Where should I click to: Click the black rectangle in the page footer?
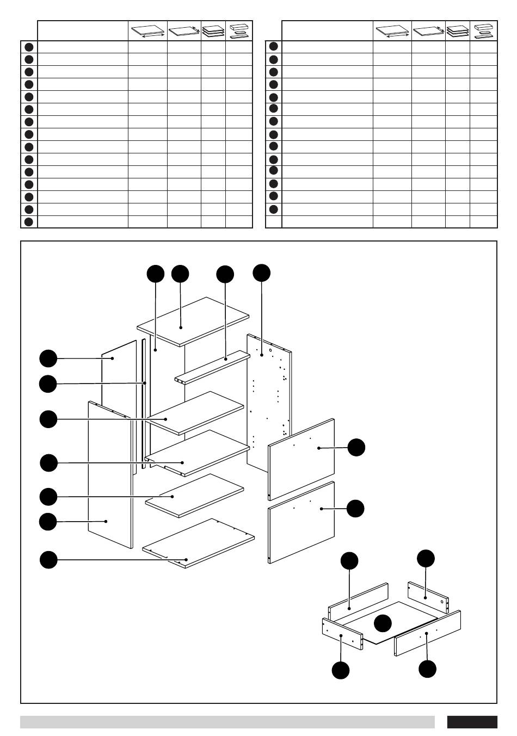click(x=472, y=722)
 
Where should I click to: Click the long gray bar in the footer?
click(x=227, y=722)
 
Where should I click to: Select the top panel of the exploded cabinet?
click(x=193, y=321)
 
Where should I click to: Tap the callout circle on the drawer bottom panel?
click(x=383, y=623)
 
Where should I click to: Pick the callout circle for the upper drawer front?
click(x=356, y=447)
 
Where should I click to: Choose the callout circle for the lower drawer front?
click(x=355, y=509)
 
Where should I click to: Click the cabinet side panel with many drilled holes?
click(x=269, y=403)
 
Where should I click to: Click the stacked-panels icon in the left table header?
click(x=213, y=30)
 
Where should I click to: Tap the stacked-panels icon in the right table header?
click(x=457, y=30)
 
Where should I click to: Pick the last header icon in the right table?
click(x=483, y=30)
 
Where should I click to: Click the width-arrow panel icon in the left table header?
click(x=147, y=31)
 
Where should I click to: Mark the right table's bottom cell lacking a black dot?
click(x=273, y=222)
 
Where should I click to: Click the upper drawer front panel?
click(x=301, y=459)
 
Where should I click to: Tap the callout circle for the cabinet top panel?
click(x=180, y=274)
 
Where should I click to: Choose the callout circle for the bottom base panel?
click(x=49, y=560)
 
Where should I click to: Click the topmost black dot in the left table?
click(x=29, y=47)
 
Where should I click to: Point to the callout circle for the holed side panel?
click(x=261, y=273)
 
